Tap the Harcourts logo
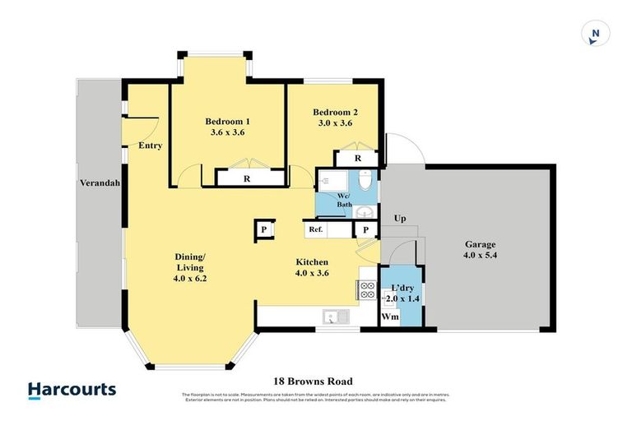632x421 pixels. click(72, 390)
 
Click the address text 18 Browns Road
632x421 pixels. click(313, 382)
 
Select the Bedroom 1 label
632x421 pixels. click(226, 126)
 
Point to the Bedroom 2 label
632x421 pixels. click(335, 118)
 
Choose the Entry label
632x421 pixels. click(150, 146)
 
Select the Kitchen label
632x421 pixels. click(313, 268)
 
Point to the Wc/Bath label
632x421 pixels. click(343, 200)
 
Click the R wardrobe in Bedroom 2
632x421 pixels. click(357, 159)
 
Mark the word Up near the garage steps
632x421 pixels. click(401, 219)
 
